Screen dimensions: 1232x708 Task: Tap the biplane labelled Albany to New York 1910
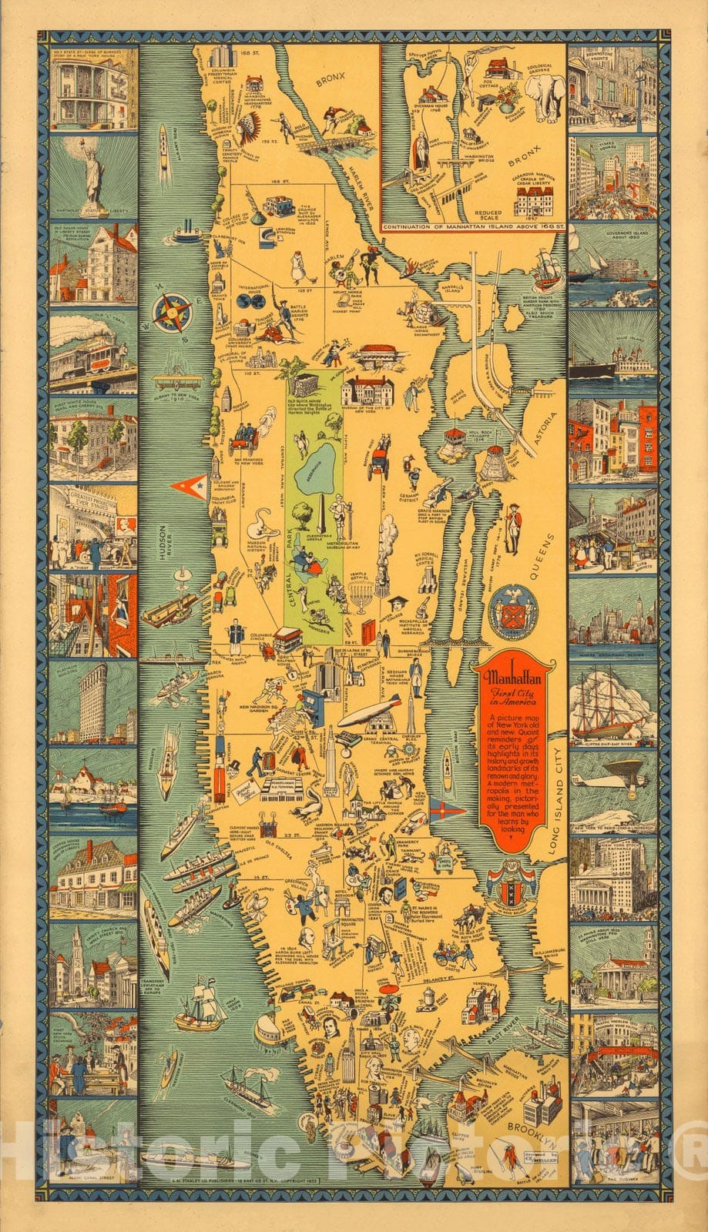pos(179,380)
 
